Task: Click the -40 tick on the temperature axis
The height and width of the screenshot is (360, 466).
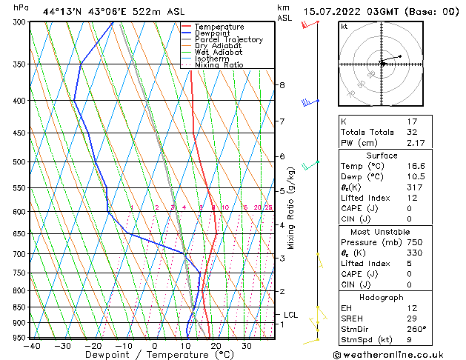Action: (x=31, y=346)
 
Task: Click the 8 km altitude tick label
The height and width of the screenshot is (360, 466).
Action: (x=282, y=85)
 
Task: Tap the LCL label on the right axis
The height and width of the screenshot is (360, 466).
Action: (x=290, y=315)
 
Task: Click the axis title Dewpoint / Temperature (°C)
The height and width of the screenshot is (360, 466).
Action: (x=153, y=355)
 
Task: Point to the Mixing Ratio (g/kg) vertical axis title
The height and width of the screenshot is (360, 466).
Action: (x=291, y=207)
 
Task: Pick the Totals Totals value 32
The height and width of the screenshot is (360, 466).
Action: (x=413, y=132)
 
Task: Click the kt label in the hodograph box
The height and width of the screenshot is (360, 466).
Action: (x=344, y=26)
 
